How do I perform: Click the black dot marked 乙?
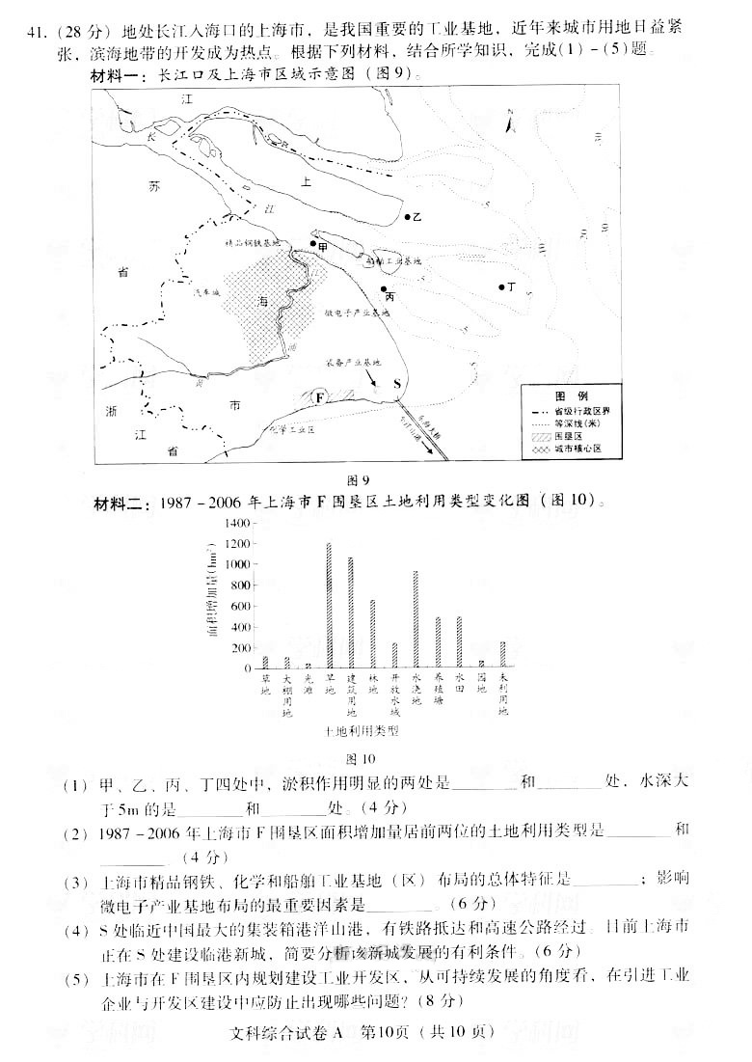[407, 218]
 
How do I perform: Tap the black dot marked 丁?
[501, 286]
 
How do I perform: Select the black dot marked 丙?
[384, 288]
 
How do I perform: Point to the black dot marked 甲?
[313, 245]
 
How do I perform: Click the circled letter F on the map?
[320, 397]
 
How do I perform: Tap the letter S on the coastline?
[397, 383]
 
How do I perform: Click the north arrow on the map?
[512, 121]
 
